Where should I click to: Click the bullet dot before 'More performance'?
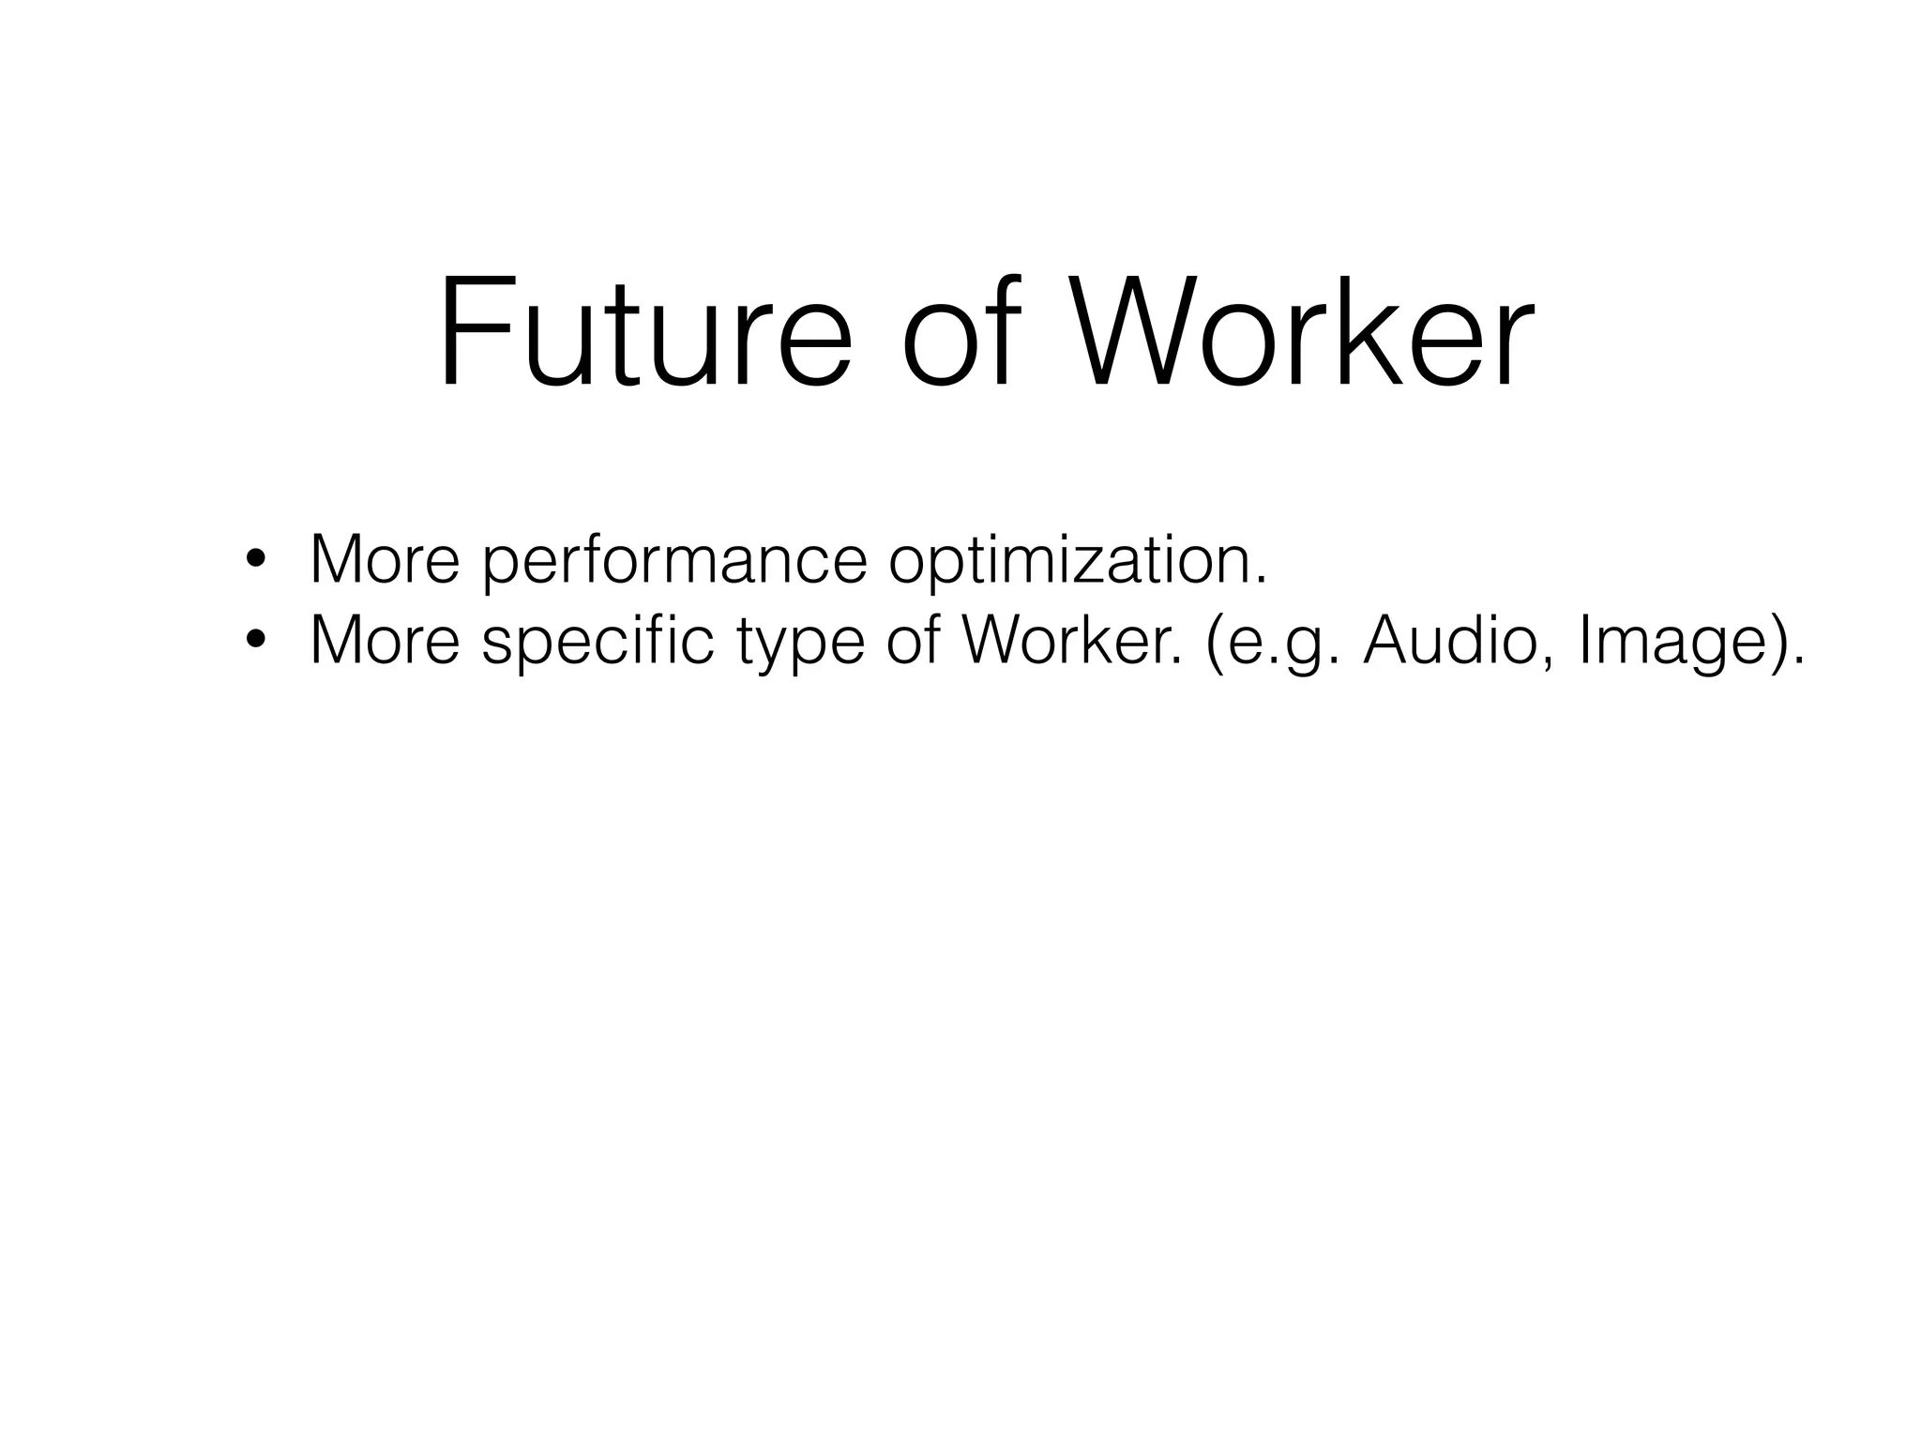[254, 562]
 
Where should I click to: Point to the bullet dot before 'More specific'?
[254, 642]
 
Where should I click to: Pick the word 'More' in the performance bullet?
[385, 560]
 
